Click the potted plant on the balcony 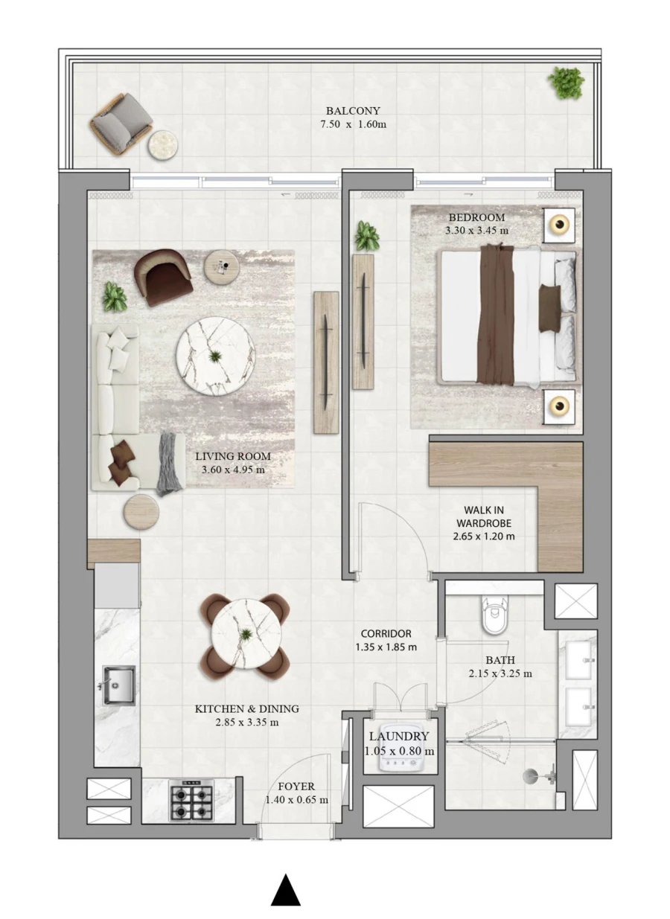coord(566,82)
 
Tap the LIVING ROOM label coord(233,456)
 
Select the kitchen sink coord(118,685)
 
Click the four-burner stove coord(191,800)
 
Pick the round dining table coord(246,635)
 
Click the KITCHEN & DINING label coord(237,709)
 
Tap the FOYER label coord(296,787)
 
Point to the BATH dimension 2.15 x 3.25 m coord(500,673)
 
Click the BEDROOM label coord(476,217)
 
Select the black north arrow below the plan coord(285,890)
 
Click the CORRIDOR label coord(386,634)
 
